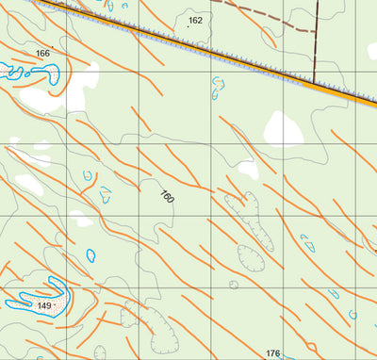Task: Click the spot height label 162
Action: coord(195,20)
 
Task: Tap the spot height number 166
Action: coord(42,54)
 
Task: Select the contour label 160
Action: coord(167,198)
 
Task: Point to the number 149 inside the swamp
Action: coord(44,306)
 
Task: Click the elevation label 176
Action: coord(273,353)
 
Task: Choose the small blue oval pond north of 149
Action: coord(91,254)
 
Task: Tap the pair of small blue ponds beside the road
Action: coord(219,88)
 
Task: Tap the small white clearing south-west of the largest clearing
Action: coord(247,171)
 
